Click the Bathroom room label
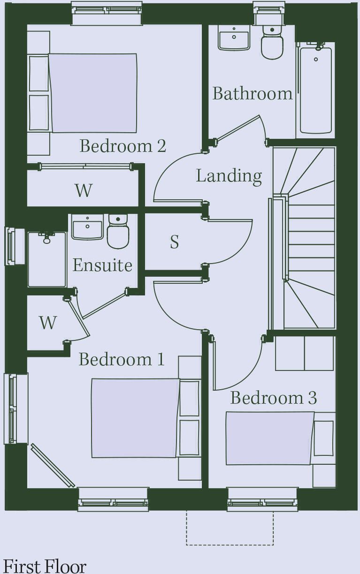coord(253,93)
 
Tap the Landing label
coord(229,176)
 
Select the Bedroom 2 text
coord(123,146)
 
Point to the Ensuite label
coord(103,265)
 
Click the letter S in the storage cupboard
coord(175,242)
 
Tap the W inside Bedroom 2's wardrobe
coord(84,190)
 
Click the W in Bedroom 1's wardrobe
coord(48,323)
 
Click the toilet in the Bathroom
coord(272,43)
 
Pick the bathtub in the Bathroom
coord(315,90)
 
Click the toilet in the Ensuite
coord(118,231)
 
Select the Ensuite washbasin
coord(87,227)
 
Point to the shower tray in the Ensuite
coord(47,259)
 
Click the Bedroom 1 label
coord(121,359)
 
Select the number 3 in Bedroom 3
coord(312,398)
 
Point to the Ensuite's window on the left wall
coord(11,246)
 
